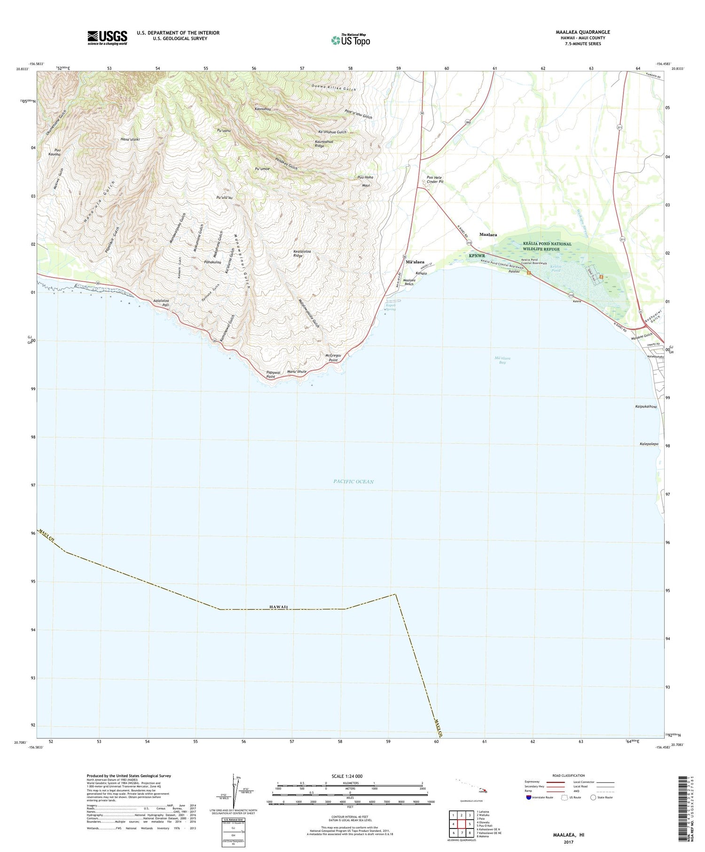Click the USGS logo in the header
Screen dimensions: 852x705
(x=107, y=38)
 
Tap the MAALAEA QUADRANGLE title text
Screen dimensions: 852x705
(x=583, y=32)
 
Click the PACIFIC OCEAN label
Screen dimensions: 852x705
(x=353, y=481)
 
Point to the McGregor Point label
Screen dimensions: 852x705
(x=333, y=357)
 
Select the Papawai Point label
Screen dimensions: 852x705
(x=273, y=374)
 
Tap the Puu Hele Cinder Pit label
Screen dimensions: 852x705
(x=435, y=179)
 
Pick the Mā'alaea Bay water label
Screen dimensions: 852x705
(x=502, y=360)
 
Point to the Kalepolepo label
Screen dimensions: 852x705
(x=649, y=444)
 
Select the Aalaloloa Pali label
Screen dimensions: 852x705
(x=161, y=303)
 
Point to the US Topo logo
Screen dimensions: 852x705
(x=350, y=40)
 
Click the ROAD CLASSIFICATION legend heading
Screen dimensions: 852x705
(x=569, y=775)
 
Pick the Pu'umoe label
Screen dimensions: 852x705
(x=262, y=168)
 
